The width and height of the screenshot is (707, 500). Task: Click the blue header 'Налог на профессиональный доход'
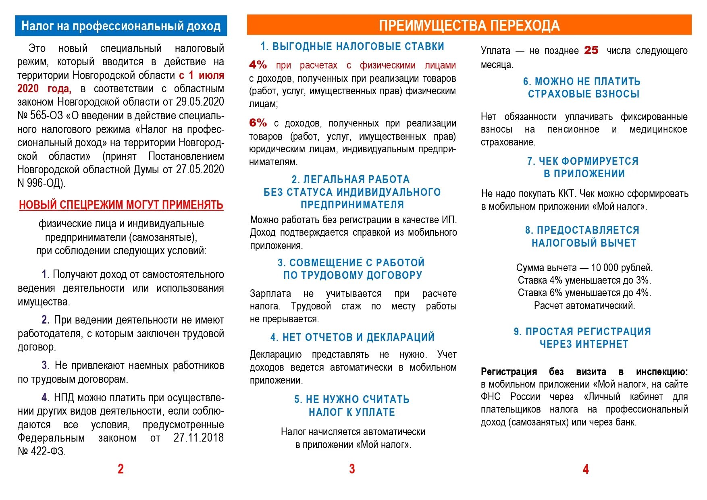(121, 26)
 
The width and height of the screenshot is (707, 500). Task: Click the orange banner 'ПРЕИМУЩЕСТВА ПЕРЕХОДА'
(469, 25)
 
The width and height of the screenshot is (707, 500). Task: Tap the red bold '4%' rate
(258, 65)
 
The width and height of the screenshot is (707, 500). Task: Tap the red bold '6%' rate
(258, 123)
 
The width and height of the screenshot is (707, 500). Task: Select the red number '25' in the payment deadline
(591, 50)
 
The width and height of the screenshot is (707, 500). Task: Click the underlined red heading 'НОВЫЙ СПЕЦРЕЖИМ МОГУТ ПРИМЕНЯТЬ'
(121, 205)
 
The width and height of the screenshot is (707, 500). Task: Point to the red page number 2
(121, 469)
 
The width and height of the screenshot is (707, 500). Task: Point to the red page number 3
(352, 469)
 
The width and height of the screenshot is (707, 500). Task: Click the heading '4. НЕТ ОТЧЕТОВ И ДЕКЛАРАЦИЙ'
(352, 337)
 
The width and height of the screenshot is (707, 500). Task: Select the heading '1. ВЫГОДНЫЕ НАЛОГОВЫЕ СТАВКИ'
(352, 46)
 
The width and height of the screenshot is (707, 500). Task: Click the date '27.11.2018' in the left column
(198, 438)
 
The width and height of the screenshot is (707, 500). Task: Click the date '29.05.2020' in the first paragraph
(200, 102)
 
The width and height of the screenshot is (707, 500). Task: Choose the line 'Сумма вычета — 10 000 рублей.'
(584, 268)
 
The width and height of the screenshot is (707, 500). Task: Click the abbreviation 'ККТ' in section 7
(566, 194)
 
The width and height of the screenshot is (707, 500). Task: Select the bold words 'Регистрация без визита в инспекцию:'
(584, 371)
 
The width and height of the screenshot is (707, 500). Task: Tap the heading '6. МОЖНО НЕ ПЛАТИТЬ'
(582, 81)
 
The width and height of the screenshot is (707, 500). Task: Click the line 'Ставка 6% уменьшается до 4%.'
(584, 293)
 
